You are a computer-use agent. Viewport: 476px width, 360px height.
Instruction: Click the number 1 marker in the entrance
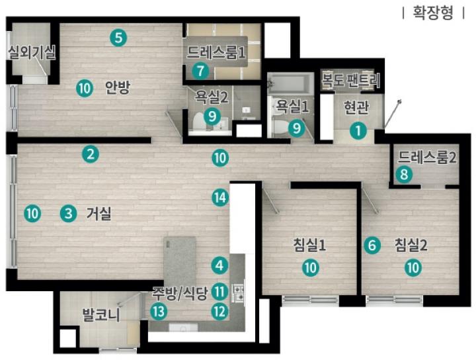click(358, 131)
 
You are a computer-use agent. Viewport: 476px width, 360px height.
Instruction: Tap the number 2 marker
click(91, 154)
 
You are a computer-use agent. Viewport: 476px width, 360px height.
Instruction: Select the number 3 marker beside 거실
click(68, 214)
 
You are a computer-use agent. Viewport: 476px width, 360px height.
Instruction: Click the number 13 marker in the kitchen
click(159, 312)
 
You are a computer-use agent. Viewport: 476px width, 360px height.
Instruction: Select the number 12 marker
click(219, 312)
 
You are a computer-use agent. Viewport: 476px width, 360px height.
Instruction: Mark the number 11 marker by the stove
click(219, 292)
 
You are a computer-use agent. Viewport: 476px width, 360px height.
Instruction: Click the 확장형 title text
click(433, 13)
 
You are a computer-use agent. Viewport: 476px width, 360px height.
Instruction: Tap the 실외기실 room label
click(32, 52)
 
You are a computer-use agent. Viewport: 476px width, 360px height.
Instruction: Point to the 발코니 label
click(101, 314)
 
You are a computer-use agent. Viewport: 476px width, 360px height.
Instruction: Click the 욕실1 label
click(292, 107)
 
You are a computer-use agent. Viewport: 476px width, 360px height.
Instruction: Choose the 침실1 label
click(309, 245)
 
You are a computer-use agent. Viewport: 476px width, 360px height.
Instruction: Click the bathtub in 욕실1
click(290, 83)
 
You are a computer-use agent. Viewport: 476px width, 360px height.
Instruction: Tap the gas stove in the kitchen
click(238, 292)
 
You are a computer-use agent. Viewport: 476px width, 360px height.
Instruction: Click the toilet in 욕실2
click(198, 122)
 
